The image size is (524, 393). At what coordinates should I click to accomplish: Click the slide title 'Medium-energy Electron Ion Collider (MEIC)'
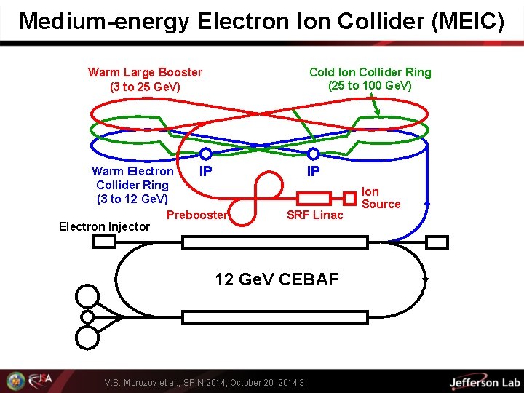(261, 21)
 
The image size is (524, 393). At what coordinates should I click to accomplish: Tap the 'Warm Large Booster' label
(145, 72)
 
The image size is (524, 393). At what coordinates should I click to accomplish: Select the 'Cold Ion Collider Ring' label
(370, 72)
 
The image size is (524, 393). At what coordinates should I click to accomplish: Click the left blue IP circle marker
(206, 154)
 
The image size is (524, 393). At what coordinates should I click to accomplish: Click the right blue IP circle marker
(314, 154)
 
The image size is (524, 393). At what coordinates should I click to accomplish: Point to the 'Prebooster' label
(197, 214)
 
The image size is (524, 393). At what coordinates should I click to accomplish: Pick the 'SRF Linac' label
(314, 215)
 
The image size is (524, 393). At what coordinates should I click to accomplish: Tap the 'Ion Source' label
(381, 198)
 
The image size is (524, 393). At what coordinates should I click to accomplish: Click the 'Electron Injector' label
(104, 226)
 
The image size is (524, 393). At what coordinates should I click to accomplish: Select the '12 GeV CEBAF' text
(277, 279)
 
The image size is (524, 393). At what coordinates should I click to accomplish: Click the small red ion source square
(349, 198)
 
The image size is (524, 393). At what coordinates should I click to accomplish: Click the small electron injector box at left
(106, 242)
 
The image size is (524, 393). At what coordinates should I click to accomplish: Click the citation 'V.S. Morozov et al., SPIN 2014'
(204, 382)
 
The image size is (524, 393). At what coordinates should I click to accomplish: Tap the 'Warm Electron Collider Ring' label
(132, 185)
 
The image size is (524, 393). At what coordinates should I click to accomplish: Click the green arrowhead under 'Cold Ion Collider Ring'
(376, 112)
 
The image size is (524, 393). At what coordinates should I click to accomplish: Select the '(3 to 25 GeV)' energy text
(145, 87)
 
